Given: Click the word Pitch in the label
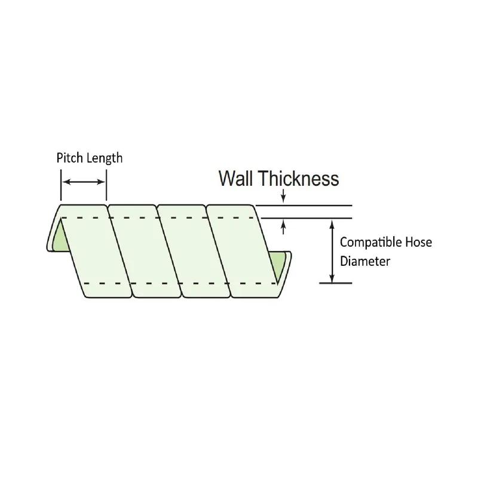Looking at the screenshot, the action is pos(69,158).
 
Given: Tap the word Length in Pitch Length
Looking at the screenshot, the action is pos(104,158).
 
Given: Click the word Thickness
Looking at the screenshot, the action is pos(299,178).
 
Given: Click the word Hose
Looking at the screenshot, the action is pos(419,243).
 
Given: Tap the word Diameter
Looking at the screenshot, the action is pos(365,261).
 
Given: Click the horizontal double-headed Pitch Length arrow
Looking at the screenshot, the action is pos(84,182).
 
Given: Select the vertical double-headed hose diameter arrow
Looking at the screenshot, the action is pos(332,251).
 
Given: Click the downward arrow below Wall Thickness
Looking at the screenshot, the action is pos(283,196).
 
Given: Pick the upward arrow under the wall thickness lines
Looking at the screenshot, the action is pos(283,228).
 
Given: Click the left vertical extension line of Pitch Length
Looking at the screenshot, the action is pos(61,185).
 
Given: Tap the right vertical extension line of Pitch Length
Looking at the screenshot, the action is pos(106,185).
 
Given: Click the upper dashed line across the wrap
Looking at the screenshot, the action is pos(158,217).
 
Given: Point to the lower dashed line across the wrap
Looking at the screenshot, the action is pos(180,283).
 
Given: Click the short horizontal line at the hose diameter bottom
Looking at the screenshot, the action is pos(336,283).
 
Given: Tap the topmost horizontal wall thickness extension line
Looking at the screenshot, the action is pos(304,206).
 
